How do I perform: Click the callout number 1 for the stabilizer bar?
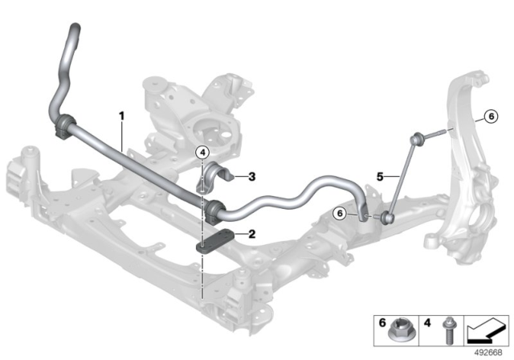click(122, 116)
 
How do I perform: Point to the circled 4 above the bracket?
click(203, 152)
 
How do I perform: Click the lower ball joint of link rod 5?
click(389, 215)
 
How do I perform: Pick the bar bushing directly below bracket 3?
click(213, 211)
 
